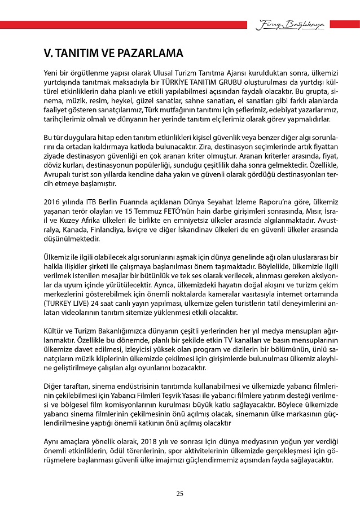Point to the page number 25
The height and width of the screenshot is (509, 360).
[180, 494]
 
